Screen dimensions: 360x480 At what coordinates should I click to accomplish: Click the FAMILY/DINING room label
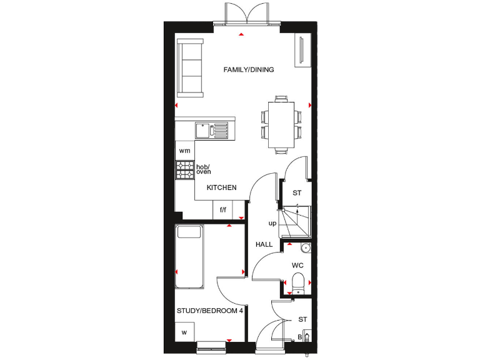coord(249,70)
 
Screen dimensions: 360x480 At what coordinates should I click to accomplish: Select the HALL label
coord(264,244)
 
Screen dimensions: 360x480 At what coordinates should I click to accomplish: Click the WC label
coord(297,266)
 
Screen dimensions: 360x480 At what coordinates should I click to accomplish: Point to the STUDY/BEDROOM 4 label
coord(209,311)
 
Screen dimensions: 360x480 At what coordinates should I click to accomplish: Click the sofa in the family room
coord(190,67)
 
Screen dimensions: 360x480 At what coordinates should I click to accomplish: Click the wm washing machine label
coord(184,151)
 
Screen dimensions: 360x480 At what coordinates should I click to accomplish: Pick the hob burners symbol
coord(185,170)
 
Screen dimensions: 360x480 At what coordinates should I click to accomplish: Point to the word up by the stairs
coord(272,223)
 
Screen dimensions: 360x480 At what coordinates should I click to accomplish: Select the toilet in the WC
coord(298,283)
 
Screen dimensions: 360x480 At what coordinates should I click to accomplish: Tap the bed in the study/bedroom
coord(189,256)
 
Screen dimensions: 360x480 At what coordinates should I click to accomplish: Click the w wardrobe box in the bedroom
coord(184,332)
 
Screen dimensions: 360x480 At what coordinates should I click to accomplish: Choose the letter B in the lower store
coord(299,337)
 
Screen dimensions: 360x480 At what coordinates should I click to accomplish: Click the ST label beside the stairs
coord(297,193)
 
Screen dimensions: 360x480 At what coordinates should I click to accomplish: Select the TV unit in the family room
coord(304,50)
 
